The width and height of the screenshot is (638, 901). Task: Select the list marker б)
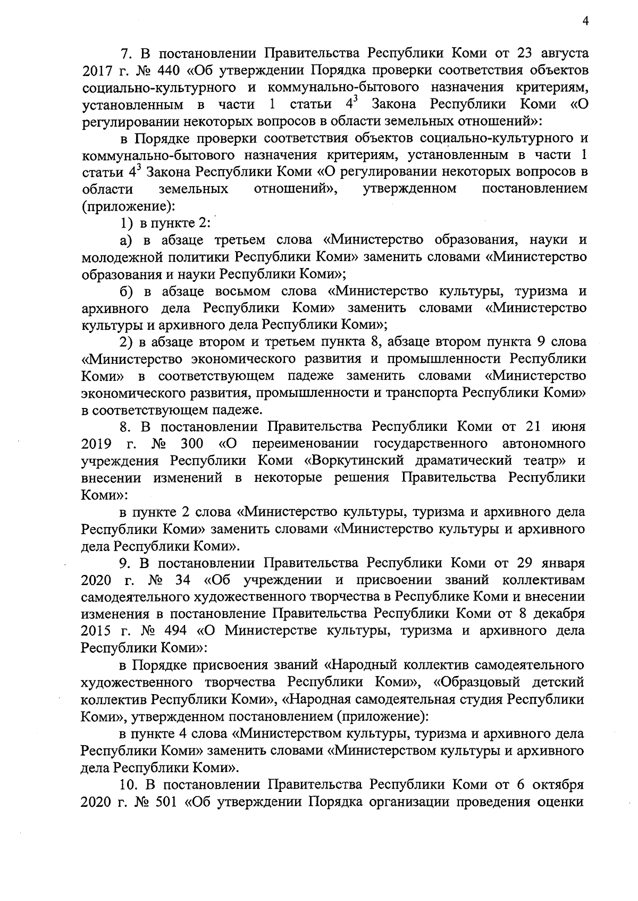(x=126, y=291)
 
